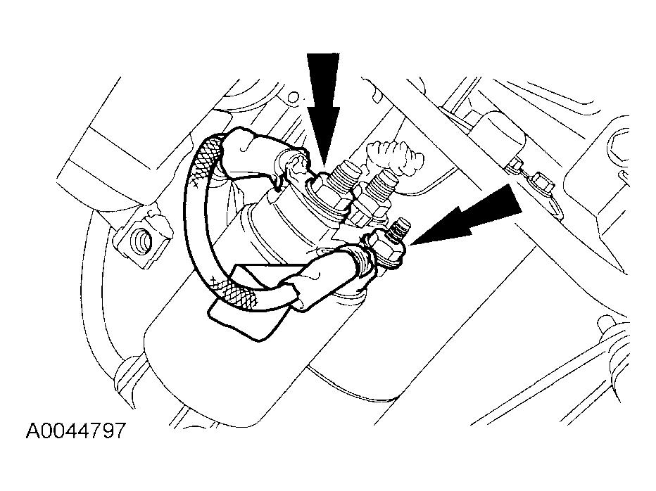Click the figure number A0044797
(x=76, y=431)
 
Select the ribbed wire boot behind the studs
(x=396, y=158)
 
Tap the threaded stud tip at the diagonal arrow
(x=400, y=227)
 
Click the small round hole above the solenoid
(x=294, y=98)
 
